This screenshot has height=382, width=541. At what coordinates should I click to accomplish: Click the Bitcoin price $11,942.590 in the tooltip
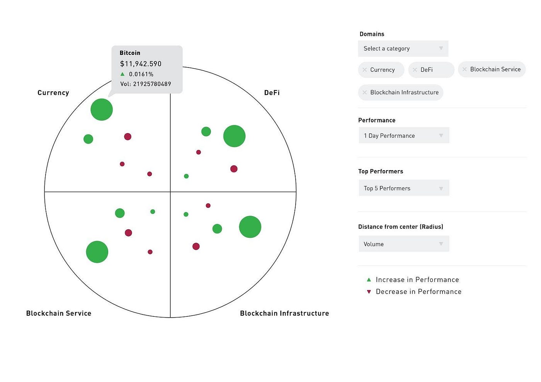click(x=141, y=64)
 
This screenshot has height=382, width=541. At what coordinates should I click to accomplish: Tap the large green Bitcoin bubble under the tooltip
click(x=102, y=110)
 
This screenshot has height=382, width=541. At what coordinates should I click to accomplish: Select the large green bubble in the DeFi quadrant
click(x=234, y=136)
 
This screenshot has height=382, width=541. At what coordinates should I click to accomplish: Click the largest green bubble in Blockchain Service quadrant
click(x=97, y=252)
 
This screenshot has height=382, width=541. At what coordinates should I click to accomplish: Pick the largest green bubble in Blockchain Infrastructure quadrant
click(x=250, y=227)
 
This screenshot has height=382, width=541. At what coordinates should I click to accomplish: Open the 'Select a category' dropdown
click(x=403, y=49)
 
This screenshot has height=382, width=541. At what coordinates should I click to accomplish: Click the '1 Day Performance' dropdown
click(x=404, y=135)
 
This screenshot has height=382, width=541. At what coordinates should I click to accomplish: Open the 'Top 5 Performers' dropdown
click(x=404, y=188)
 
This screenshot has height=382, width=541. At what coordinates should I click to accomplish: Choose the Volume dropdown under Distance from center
click(x=404, y=244)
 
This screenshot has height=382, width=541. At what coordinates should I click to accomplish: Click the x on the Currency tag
click(x=364, y=70)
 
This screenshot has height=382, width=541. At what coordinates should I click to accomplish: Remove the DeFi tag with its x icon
click(x=415, y=70)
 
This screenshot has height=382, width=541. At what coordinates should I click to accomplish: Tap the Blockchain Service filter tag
click(x=495, y=69)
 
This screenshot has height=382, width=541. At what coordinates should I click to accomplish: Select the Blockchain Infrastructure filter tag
click(x=404, y=93)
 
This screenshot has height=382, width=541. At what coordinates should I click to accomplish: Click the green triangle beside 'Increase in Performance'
click(x=369, y=280)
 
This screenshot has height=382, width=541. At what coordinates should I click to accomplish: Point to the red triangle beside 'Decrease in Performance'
click(x=369, y=292)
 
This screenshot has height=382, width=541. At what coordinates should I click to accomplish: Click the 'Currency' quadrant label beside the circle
click(x=53, y=93)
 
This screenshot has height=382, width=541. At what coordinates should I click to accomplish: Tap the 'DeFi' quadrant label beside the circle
click(x=272, y=93)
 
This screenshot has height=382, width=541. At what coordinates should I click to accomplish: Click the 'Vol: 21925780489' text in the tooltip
click(x=145, y=84)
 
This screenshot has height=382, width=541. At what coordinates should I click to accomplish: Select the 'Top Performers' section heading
click(x=381, y=171)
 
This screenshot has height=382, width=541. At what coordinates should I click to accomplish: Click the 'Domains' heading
click(x=372, y=34)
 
